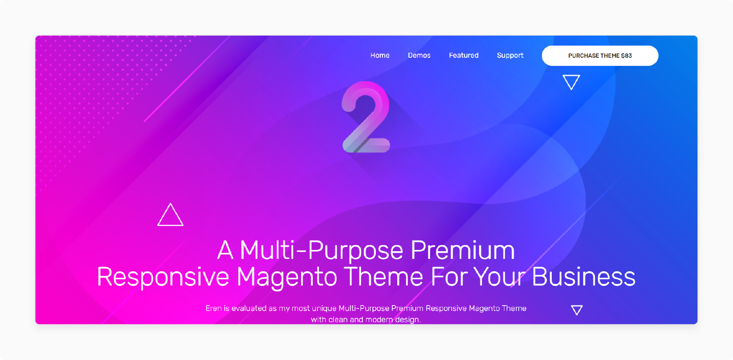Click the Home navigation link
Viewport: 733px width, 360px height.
click(380, 55)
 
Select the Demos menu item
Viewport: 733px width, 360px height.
click(419, 55)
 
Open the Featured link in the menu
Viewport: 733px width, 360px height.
click(463, 55)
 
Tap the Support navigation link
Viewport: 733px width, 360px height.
click(510, 55)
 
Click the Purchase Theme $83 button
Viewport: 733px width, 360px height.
click(600, 56)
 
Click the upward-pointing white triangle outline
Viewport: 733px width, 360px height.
click(170, 215)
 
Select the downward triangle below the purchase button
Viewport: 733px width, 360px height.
click(571, 82)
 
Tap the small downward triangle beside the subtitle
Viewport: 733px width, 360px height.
click(577, 310)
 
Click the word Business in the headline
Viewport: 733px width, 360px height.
click(583, 277)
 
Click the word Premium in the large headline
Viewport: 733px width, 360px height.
click(462, 250)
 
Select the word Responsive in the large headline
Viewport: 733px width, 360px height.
click(163, 277)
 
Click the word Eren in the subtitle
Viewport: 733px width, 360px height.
click(213, 308)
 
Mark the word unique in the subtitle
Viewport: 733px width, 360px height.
click(324, 308)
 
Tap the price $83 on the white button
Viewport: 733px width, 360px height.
click(626, 56)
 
